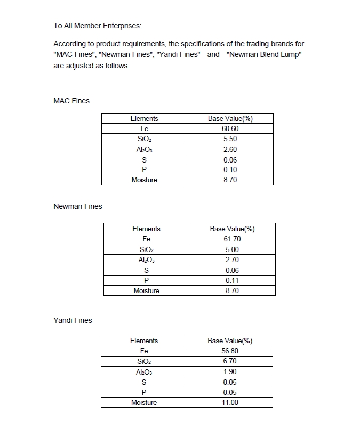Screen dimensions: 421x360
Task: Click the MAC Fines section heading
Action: tap(71, 101)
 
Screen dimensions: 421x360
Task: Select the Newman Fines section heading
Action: tap(78, 206)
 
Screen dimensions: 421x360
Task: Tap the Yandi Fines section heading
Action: tap(73, 320)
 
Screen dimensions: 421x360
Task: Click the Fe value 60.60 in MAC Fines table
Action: tap(230, 129)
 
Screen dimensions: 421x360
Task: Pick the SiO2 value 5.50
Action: tap(230, 139)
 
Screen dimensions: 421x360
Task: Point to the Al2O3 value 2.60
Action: tap(230, 149)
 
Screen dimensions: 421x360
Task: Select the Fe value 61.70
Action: tap(232, 239)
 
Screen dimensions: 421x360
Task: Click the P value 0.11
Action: tap(232, 280)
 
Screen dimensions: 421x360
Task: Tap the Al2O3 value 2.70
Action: tap(232, 260)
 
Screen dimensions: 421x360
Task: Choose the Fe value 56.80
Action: tap(230, 351)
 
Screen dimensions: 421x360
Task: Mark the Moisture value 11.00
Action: tap(230, 402)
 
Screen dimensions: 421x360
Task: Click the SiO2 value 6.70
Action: tap(230, 361)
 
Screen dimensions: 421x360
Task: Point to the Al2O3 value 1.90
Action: tap(230, 371)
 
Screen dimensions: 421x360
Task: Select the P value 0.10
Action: tap(230, 169)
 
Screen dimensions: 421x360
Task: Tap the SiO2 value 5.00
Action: tap(232, 249)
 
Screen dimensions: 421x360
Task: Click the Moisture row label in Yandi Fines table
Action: tap(144, 402)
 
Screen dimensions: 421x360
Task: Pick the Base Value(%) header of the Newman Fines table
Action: tap(232, 229)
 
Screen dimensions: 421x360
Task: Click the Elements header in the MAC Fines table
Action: tap(144, 118)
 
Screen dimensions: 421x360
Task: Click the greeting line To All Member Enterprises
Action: tap(98, 26)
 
